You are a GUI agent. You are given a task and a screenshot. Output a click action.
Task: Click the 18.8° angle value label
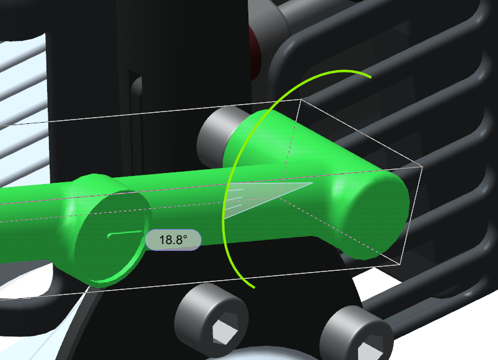tap(173, 240)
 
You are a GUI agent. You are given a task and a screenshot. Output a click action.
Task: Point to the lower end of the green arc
tap(253, 287)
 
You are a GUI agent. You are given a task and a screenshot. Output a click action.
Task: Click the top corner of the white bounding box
tap(301, 99)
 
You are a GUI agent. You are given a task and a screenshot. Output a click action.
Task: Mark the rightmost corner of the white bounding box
tap(421, 167)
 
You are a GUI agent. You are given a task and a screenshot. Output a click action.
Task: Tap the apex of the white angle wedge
tap(309, 183)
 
